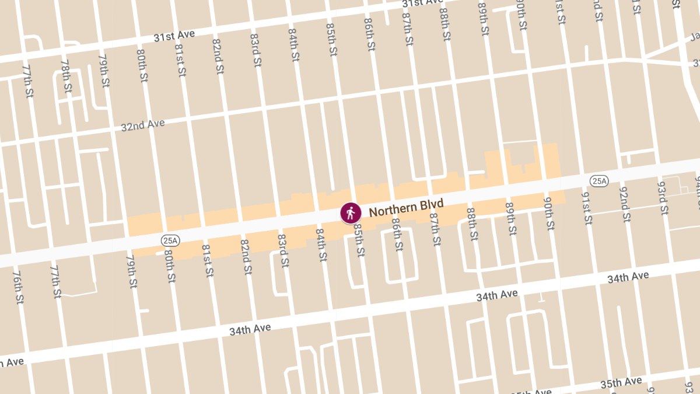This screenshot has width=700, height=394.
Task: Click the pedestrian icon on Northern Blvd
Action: tap(351, 213)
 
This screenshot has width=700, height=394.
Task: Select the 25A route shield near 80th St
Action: tap(170, 240)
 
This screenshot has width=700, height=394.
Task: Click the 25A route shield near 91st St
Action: tap(598, 181)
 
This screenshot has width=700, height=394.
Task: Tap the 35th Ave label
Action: tap(621, 383)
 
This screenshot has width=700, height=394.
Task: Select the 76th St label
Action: tap(18, 287)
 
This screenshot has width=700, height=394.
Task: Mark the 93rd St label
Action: tap(662, 197)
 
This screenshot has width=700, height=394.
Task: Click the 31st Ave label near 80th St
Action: tap(174, 36)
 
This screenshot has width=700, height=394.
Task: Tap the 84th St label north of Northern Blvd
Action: tap(293, 45)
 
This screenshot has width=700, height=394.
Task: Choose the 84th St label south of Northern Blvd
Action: tap(321, 245)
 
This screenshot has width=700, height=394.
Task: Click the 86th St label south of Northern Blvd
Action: tap(397, 235)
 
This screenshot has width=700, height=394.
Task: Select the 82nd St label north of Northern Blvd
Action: tap(218, 56)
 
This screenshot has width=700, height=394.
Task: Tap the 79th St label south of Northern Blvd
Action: tap(132, 271)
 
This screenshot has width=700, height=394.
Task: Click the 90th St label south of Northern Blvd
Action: tap(548, 212)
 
